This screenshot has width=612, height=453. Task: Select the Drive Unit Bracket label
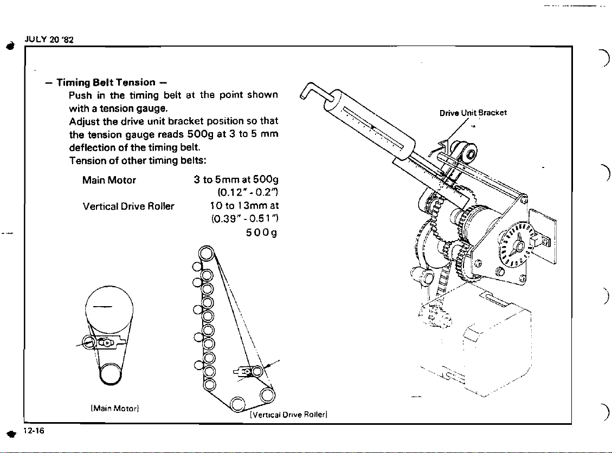coord(473,113)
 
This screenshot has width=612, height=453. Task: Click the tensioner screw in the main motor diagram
coord(107,342)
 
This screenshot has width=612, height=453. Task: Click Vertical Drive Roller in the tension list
coord(128,206)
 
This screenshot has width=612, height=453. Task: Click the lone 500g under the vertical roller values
coord(261,233)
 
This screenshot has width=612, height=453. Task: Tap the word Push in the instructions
coord(80,95)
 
